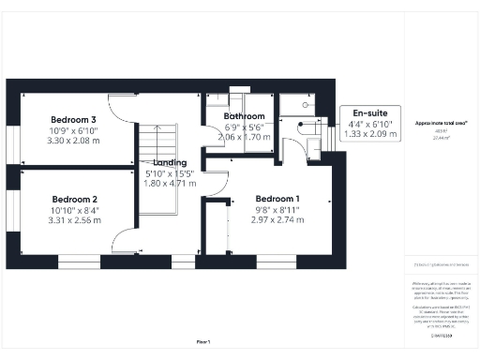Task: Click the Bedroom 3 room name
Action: (74, 120)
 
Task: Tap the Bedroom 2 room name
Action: (75, 200)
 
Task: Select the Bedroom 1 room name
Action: (277, 199)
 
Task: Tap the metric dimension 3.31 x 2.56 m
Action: (75, 221)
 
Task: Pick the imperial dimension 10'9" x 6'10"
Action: (74, 131)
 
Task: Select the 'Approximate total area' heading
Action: (441, 123)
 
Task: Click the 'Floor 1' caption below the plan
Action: (202, 341)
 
